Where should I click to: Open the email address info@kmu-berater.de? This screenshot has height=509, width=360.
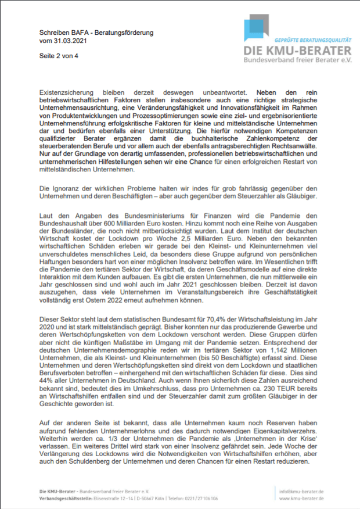coord(301,492)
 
